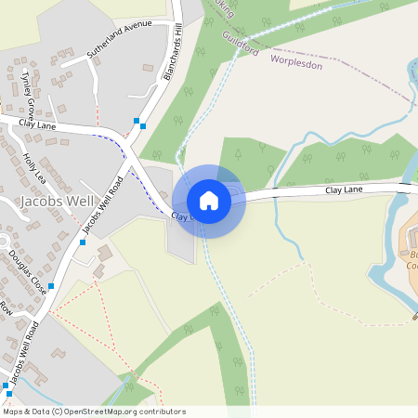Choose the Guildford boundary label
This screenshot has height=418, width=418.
tap(241, 43)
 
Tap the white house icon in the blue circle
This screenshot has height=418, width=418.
tap(209, 201)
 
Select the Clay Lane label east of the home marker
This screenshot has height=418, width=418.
tap(344, 189)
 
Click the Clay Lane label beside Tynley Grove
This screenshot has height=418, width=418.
tap(37, 123)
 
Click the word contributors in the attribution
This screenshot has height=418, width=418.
tap(163, 411)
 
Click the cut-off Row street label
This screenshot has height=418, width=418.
tap(7, 307)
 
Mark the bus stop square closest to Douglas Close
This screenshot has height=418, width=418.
tap(51, 286)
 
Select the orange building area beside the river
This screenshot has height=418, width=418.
tap(409, 251)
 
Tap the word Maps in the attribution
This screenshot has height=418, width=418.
tap(13, 411)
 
